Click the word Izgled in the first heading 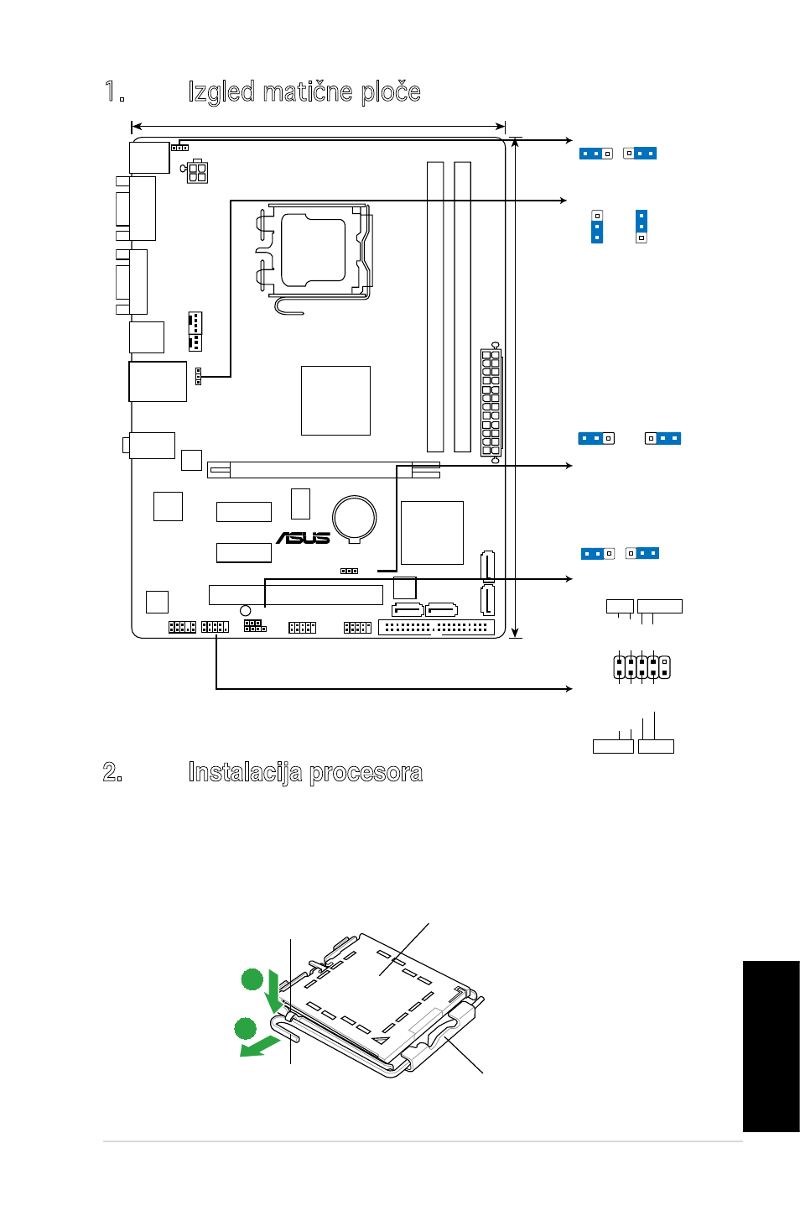[x=221, y=91]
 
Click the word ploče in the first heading [x=391, y=91]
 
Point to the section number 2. [x=112, y=772]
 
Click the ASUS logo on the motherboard [x=303, y=538]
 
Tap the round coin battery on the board [x=354, y=519]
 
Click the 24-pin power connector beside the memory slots [x=491, y=403]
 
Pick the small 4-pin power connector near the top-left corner [x=196, y=172]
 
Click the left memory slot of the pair [x=435, y=307]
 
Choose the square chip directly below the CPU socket [x=335, y=400]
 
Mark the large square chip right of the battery [x=432, y=533]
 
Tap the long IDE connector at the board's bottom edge [x=436, y=628]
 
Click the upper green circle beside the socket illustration [x=252, y=979]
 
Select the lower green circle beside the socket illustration [x=246, y=1028]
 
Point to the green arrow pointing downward [x=275, y=992]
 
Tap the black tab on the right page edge [x=771, y=1047]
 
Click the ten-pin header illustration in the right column [x=642, y=666]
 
